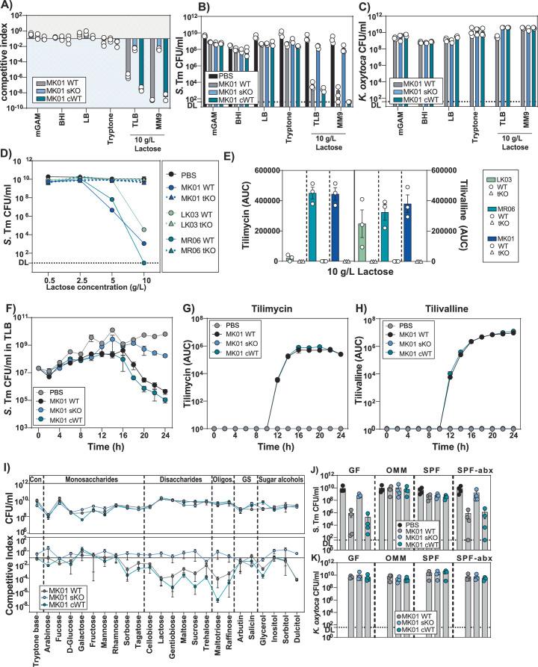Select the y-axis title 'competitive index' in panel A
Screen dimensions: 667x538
[7, 71]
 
